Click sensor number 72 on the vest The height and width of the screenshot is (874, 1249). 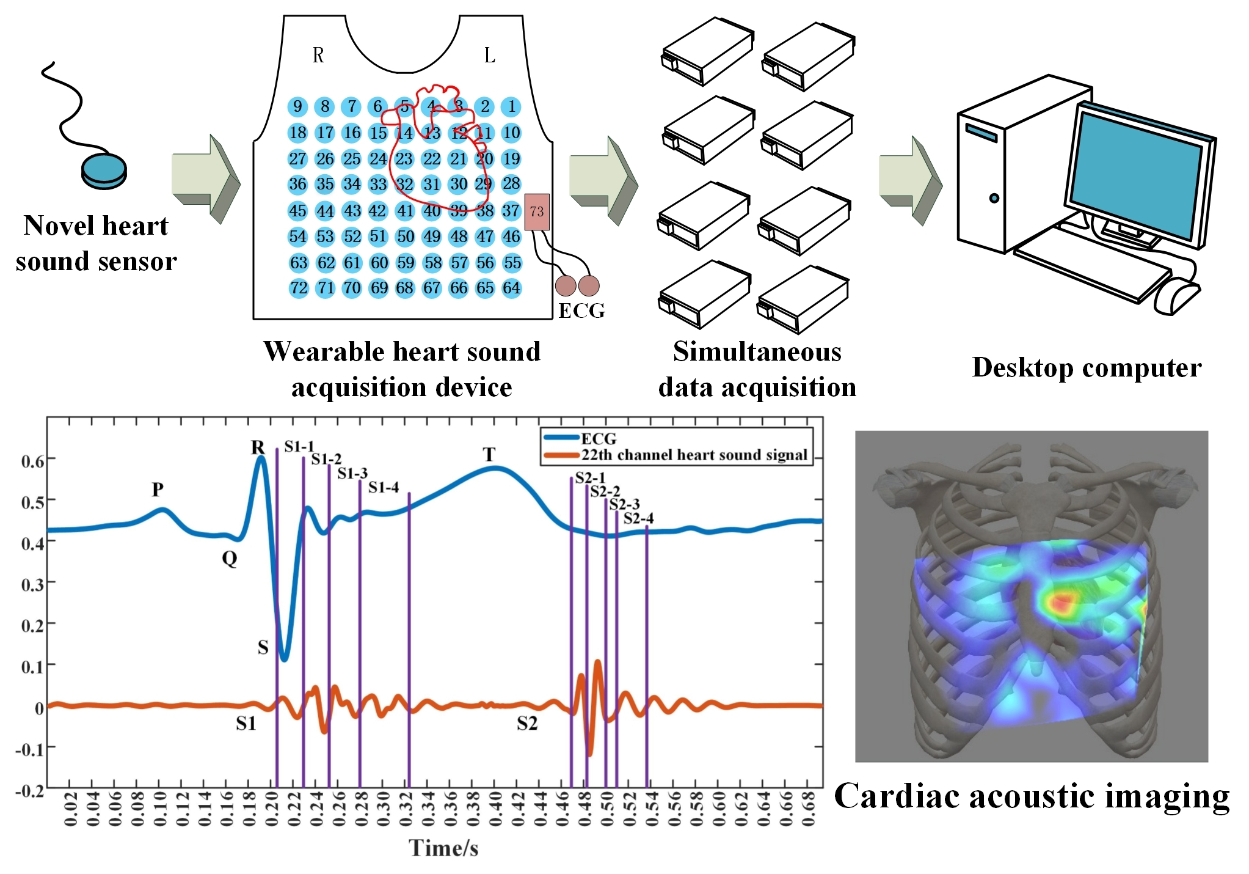[x=298, y=288]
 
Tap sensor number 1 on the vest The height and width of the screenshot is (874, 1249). [x=511, y=106]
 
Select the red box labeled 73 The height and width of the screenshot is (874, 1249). [x=537, y=211]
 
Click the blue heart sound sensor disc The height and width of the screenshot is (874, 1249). [x=104, y=171]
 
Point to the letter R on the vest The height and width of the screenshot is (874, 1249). [x=318, y=56]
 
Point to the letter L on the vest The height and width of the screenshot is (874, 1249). [x=489, y=56]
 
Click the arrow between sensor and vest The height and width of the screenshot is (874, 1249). [x=206, y=179]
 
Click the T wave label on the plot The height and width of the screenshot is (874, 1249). [x=489, y=455]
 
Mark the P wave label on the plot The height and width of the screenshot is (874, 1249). [x=158, y=490]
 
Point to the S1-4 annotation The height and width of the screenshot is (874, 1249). [x=384, y=487]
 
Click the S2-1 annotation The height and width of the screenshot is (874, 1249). [x=590, y=477]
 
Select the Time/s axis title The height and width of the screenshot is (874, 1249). [x=443, y=848]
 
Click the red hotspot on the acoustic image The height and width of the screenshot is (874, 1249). [x=1061, y=603]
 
